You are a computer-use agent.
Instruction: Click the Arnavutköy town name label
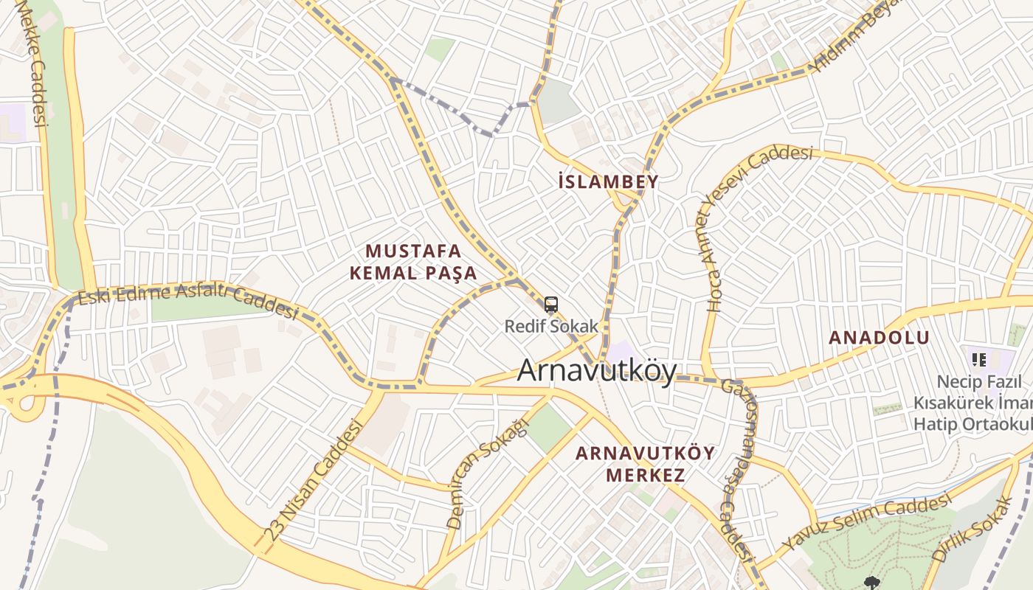pyautogui.click(x=596, y=370)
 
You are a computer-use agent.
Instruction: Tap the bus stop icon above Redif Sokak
pyautogui.click(x=551, y=304)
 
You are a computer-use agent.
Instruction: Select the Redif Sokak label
pyautogui.click(x=551, y=325)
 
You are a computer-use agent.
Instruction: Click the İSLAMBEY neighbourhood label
pyautogui.click(x=608, y=182)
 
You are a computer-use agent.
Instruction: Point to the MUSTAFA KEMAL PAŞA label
pyautogui.click(x=413, y=262)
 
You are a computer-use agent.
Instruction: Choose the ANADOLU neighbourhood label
pyautogui.click(x=879, y=338)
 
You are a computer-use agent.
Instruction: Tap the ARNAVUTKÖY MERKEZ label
pyautogui.click(x=645, y=464)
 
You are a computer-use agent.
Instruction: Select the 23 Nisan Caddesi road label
pyautogui.click(x=315, y=479)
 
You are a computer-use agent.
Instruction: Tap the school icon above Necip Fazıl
pyautogui.click(x=979, y=360)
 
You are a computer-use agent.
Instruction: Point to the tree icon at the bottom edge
pyautogui.click(x=872, y=583)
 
